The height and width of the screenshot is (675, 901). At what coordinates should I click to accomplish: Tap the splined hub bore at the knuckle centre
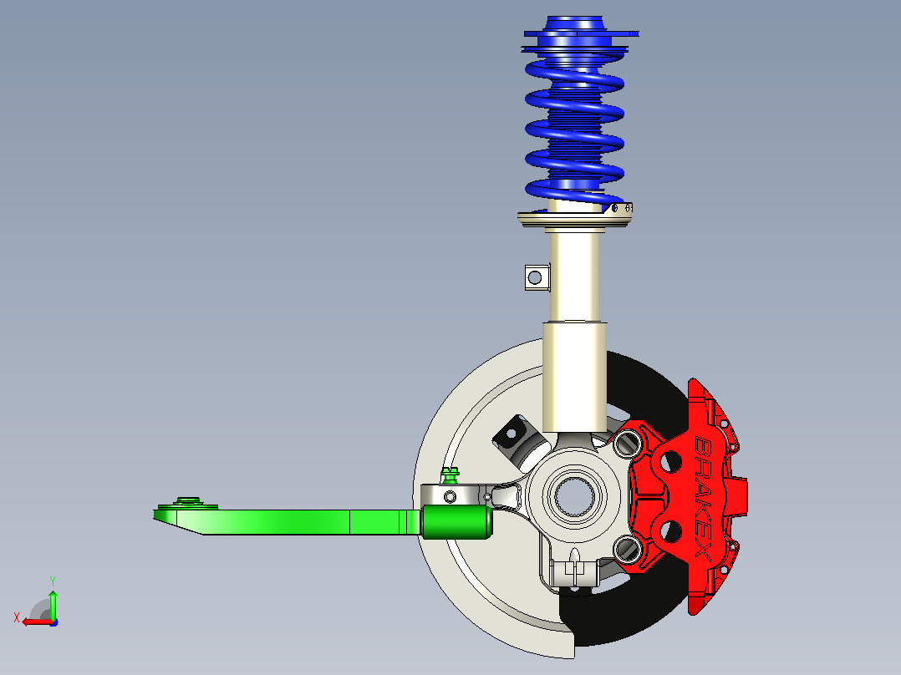[573, 495]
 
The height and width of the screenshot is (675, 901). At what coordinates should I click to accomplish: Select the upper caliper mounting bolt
[626, 444]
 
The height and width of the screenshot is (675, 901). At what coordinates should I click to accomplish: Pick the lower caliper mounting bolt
[626, 549]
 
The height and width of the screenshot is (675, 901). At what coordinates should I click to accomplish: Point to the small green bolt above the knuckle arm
[450, 475]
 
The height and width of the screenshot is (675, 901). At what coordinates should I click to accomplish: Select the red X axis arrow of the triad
[38, 622]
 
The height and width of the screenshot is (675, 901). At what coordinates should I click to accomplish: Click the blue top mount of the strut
[580, 33]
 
